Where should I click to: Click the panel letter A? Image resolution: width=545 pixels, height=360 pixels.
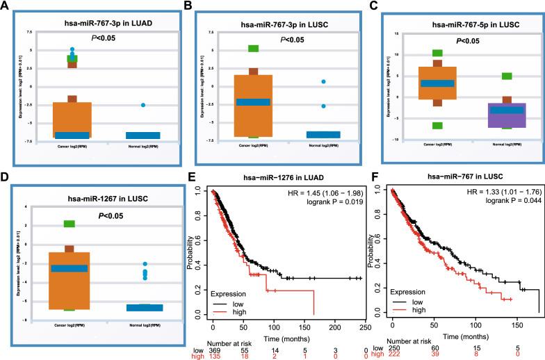6,6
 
